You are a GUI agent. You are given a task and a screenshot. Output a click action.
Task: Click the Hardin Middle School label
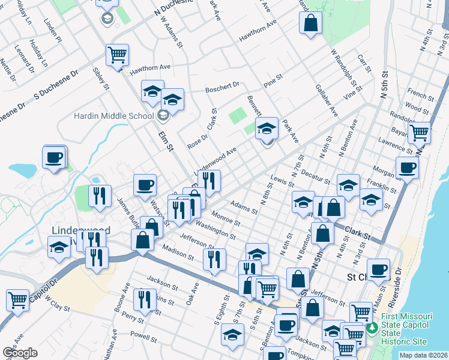[113, 116]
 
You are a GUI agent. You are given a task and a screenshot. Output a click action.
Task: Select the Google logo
[20, 353]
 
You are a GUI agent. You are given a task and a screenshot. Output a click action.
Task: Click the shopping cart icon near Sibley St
[117, 55]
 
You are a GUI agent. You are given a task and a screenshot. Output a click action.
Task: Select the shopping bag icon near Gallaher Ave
[310, 23]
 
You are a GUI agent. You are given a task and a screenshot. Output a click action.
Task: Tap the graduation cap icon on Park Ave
[267, 128]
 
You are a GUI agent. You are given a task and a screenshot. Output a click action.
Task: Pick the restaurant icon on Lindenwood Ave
[209, 180]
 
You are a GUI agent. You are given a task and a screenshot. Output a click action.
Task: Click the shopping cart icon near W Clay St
[18, 299]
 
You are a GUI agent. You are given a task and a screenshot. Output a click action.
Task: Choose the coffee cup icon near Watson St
[145, 185]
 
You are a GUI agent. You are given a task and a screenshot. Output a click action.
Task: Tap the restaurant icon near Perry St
[144, 299]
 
